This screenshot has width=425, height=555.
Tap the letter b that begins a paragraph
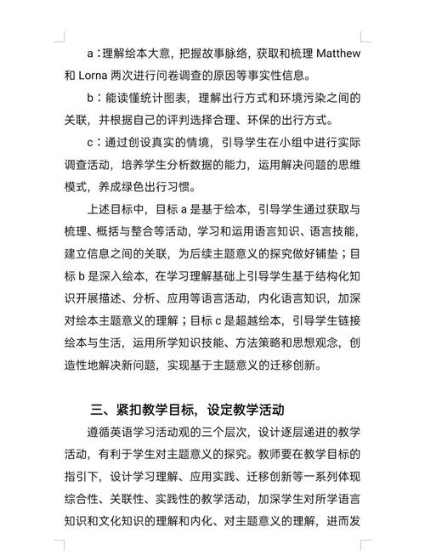pos(90,97)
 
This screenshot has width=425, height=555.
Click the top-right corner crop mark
pos(363,38)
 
